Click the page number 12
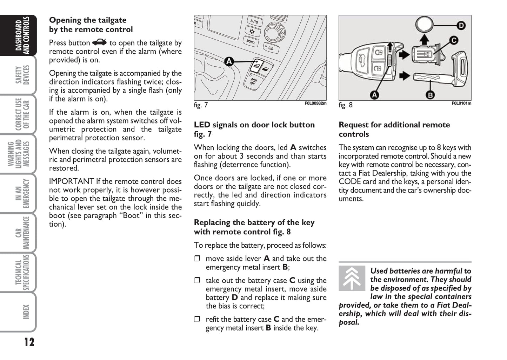click(29, 341)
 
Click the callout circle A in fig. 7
click(229, 62)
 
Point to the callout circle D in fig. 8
click(461, 25)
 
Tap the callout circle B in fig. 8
click(430, 94)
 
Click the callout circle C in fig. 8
click(454, 40)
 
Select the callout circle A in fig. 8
click(374, 94)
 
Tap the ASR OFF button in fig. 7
click(253, 82)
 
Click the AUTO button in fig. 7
click(254, 21)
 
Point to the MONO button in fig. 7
click(251, 41)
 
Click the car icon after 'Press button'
click(100, 43)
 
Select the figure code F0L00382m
click(315, 104)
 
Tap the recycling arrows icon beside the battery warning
click(352, 278)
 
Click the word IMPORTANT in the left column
click(72, 181)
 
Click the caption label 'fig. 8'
click(346, 105)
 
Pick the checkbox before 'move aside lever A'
click(197, 259)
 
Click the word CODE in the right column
click(350, 182)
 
